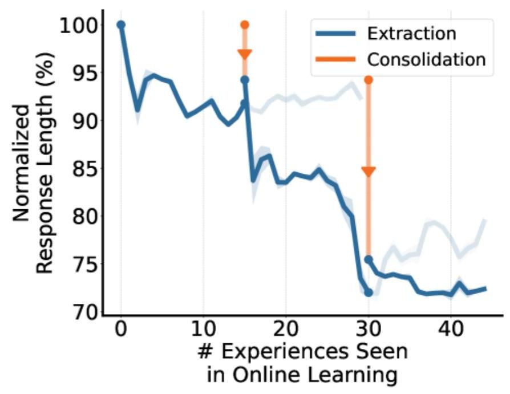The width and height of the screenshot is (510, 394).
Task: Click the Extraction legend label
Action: (x=411, y=33)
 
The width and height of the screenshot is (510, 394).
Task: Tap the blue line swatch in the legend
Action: (x=337, y=33)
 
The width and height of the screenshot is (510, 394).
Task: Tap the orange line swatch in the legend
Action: (x=337, y=59)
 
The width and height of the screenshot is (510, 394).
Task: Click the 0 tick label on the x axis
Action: (x=121, y=330)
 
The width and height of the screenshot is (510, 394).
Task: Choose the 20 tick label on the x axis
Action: (x=285, y=330)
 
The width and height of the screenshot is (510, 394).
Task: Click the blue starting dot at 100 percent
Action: (x=121, y=25)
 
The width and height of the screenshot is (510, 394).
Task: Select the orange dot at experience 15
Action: (x=245, y=25)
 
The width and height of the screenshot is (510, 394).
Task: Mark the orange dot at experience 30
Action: (x=369, y=79)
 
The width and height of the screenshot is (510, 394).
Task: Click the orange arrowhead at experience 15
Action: (x=245, y=55)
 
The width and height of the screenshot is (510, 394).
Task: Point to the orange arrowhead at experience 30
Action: (x=369, y=172)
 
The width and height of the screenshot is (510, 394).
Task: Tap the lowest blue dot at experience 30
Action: (x=369, y=293)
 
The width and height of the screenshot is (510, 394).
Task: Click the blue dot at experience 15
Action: (x=245, y=80)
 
